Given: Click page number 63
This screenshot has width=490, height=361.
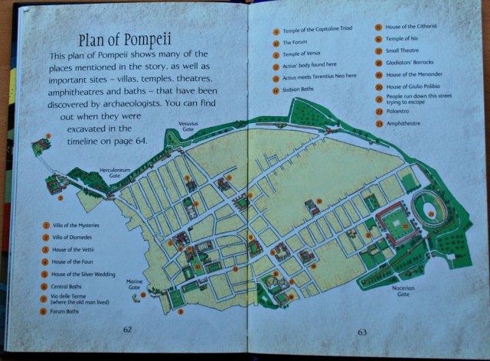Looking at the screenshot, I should [x=362, y=332].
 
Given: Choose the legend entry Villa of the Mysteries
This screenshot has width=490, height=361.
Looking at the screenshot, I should [x=76, y=226].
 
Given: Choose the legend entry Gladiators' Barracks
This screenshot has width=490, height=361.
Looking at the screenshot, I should [x=405, y=62].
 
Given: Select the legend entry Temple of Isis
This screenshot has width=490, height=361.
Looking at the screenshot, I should [x=400, y=37].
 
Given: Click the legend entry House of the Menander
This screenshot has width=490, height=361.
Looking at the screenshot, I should [x=410, y=74].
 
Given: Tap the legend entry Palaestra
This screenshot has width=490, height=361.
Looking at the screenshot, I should [x=398, y=112].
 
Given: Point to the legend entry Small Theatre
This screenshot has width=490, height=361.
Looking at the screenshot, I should [x=400, y=50].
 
